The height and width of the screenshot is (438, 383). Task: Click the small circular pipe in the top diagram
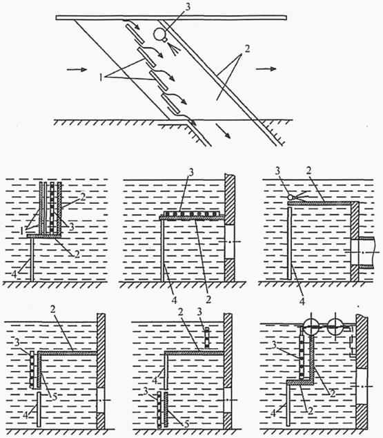pyautogui.click(x=160, y=33)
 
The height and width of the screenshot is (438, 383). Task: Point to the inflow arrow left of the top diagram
pyautogui.click(x=78, y=70)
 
